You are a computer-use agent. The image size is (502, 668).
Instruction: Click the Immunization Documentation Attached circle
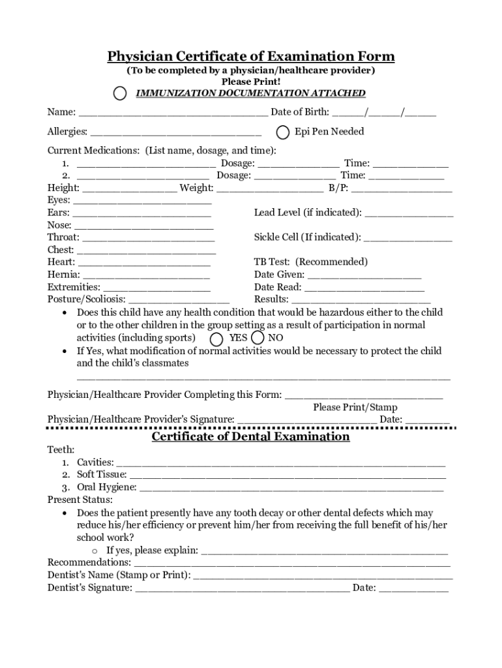(x=120, y=94)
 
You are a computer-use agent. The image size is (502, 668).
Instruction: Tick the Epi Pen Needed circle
(x=283, y=132)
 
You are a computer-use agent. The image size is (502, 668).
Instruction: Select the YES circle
(x=216, y=339)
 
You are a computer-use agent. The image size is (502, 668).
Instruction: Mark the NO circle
(x=258, y=338)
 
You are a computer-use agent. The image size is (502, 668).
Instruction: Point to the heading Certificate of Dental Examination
(x=251, y=436)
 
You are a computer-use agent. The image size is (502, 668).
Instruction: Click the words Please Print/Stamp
(x=355, y=407)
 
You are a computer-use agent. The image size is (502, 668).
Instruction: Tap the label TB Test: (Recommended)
(x=311, y=262)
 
